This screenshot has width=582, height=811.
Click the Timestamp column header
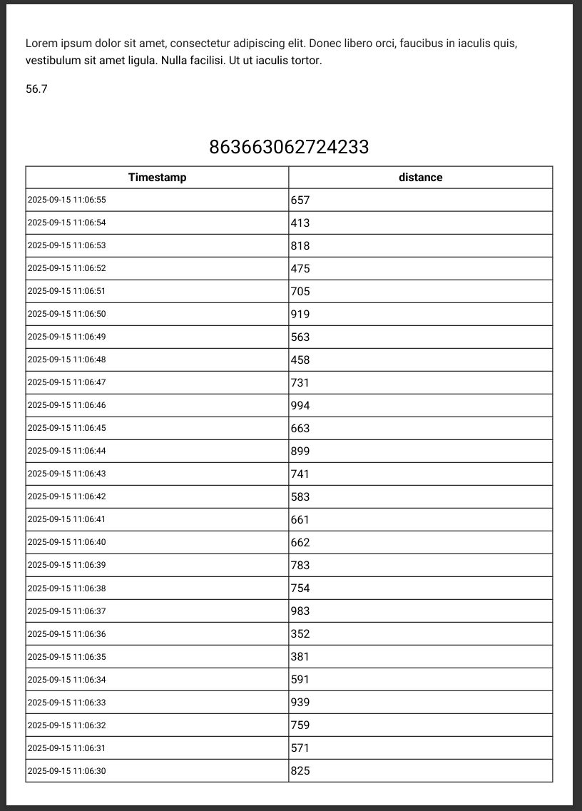click(157, 178)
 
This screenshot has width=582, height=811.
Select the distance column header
click(420, 178)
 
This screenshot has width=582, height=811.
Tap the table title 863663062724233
click(289, 147)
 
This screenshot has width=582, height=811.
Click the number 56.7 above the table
click(36, 89)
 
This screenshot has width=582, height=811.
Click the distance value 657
click(300, 200)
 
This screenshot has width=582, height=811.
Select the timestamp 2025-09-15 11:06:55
click(66, 200)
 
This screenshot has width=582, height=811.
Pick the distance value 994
click(300, 406)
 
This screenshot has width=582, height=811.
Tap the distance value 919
click(300, 315)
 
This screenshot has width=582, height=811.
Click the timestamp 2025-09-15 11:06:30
click(66, 771)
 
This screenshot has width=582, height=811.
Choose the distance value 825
click(300, 771)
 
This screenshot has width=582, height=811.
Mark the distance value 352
click(300, 634)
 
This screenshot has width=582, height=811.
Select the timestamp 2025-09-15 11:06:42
click(66, 497)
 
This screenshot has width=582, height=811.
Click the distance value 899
click(300, 452)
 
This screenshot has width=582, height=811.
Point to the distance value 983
click(300, 611)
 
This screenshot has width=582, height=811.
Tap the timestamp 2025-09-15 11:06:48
click(66, 360)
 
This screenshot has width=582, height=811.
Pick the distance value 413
click(300, 223)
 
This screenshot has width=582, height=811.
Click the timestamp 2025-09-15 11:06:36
click(66, 634)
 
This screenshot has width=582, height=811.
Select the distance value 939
click(300, 703)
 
